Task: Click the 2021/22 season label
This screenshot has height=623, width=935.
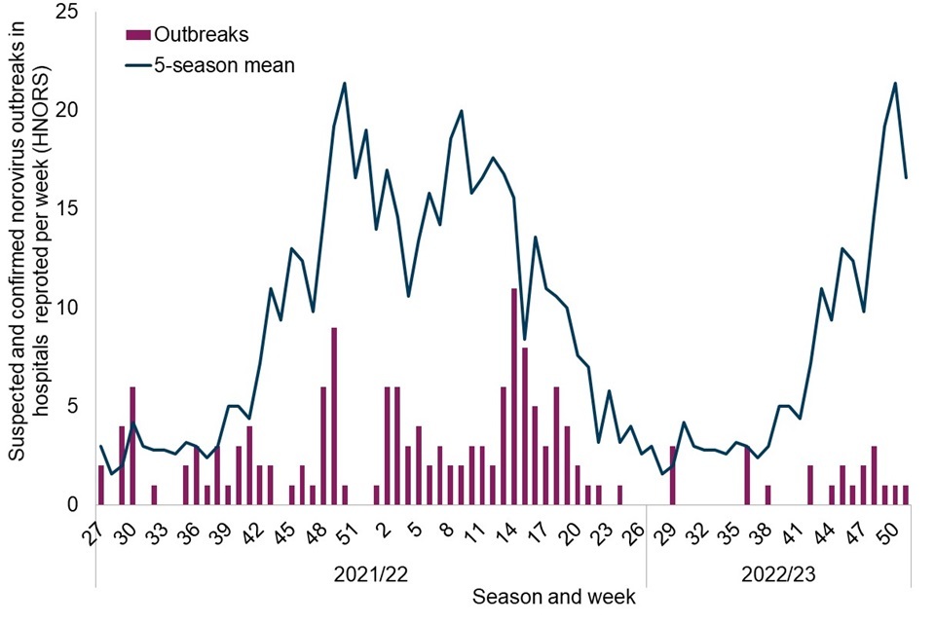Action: [370, 576]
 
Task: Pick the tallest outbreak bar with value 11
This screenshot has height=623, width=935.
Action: [514, 396]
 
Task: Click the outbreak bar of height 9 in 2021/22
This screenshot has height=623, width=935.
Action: [334, 416]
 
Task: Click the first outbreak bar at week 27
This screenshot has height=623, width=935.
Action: [100, 485]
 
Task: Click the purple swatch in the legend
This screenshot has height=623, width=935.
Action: [138, 34]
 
